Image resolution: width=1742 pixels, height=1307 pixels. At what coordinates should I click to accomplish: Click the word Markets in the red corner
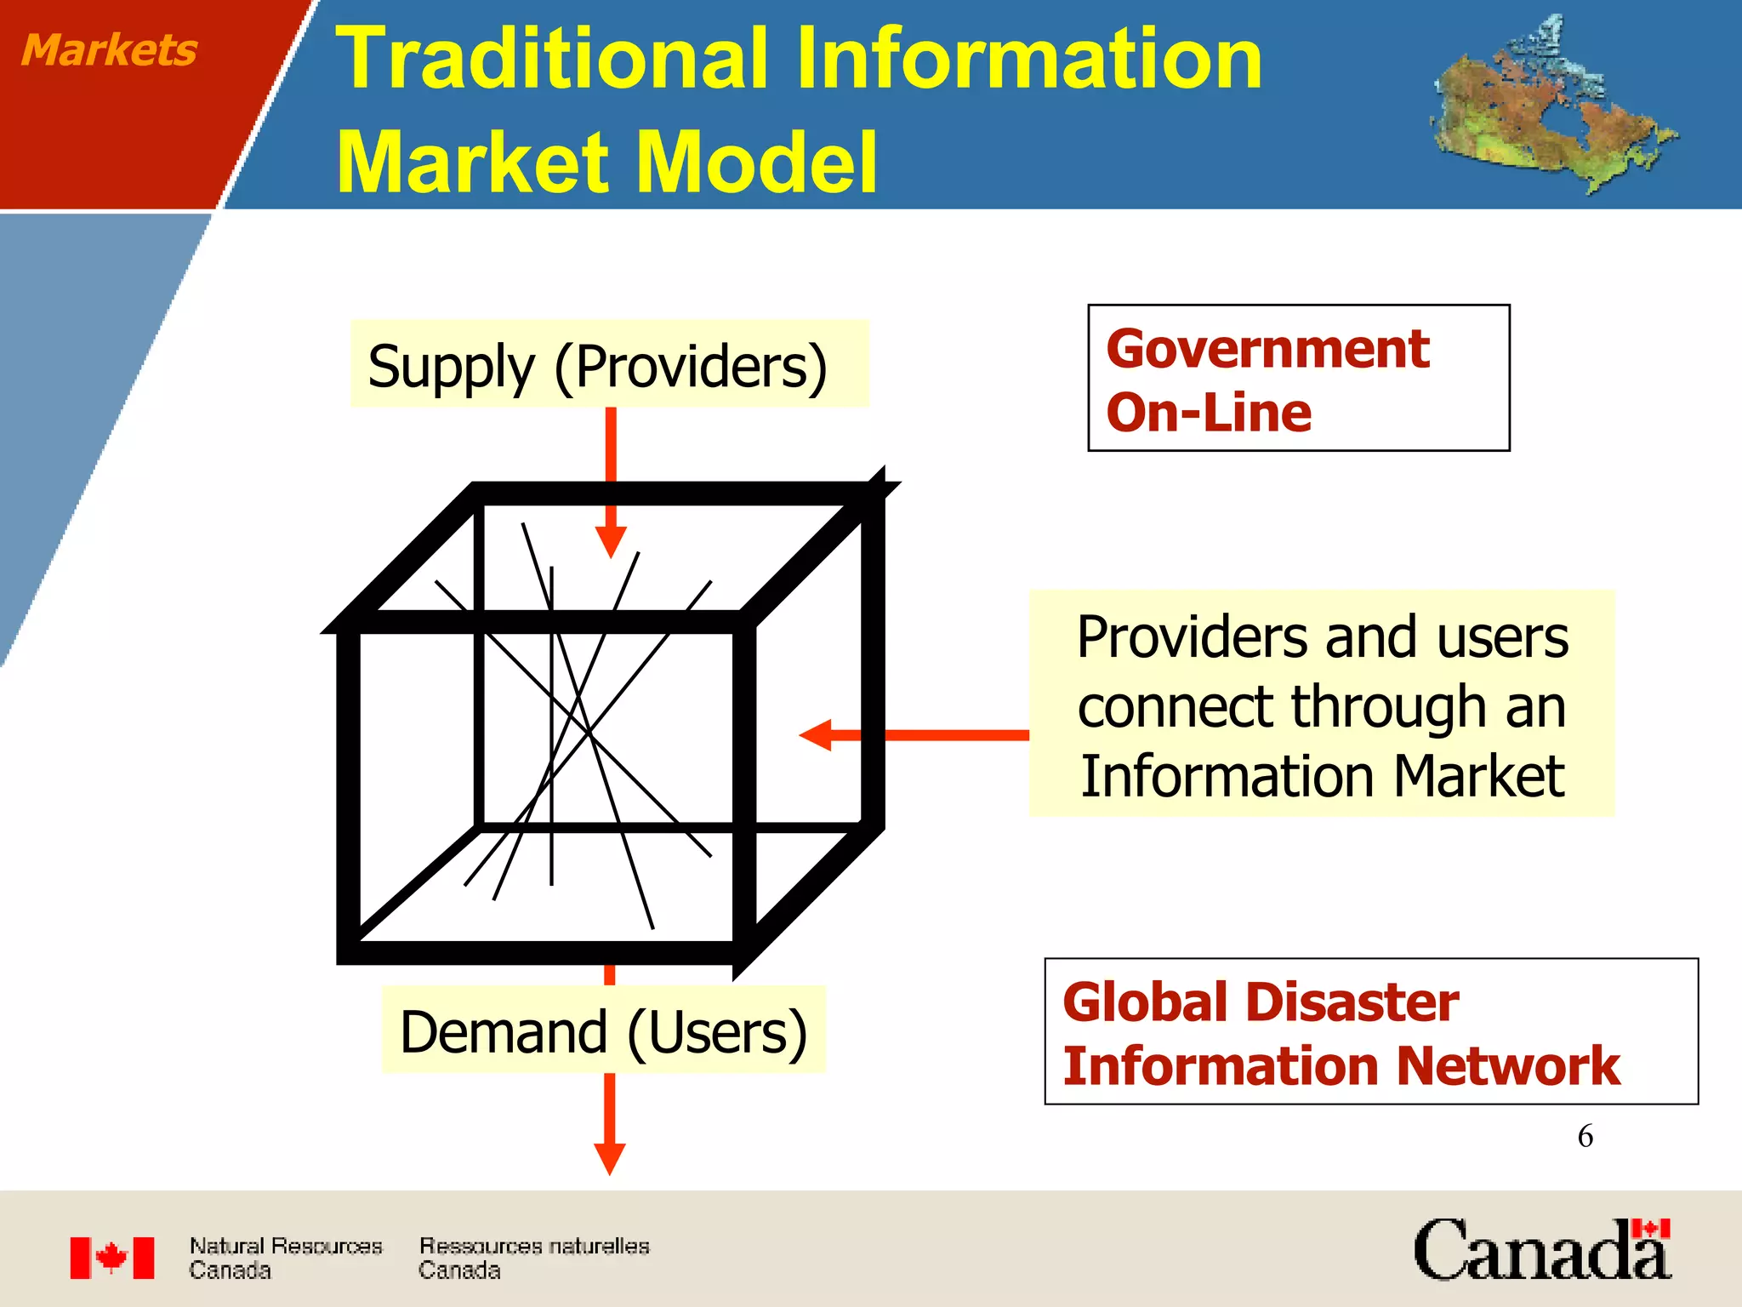[x=109, y=49]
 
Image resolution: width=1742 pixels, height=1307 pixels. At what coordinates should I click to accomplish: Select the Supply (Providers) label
[x=597, y=367]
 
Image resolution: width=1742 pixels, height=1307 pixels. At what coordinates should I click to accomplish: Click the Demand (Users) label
[x=603, y=1031]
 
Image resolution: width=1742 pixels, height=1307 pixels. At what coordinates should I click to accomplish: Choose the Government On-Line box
[x=1298, y=378]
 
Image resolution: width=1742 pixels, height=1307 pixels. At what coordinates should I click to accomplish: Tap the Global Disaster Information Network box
[x=1370, y=1031]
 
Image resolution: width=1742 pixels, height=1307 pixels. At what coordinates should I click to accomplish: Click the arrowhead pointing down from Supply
[x=611, y=541]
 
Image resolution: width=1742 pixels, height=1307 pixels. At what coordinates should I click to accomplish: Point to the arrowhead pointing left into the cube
[x=817, y=734]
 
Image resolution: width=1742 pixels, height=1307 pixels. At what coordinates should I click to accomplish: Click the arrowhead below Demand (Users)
[x=609, y=1158]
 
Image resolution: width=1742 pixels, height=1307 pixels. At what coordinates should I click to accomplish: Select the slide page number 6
[x=1585, y=1136]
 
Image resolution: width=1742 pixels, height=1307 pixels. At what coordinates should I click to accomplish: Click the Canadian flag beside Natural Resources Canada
[x=112, y=1258]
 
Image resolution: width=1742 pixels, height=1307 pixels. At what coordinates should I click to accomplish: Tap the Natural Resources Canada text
[x=285, y=1258]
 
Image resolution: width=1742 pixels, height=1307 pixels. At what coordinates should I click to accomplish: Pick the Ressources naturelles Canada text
[x=533, y=1258]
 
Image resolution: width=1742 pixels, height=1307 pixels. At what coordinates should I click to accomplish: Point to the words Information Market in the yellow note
[x=1322, y=776]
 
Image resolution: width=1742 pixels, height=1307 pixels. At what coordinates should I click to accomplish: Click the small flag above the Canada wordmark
[x=1650, y=1229]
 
